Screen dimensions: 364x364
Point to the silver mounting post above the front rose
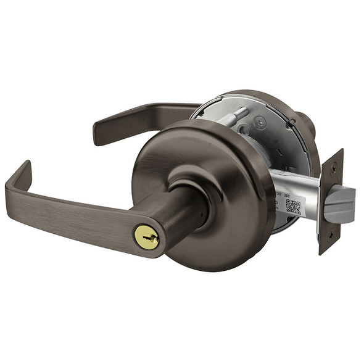(x=234, y=117)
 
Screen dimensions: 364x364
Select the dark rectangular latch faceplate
(x=331, y=201)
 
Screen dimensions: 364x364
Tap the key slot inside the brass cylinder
(x=148, y=236)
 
